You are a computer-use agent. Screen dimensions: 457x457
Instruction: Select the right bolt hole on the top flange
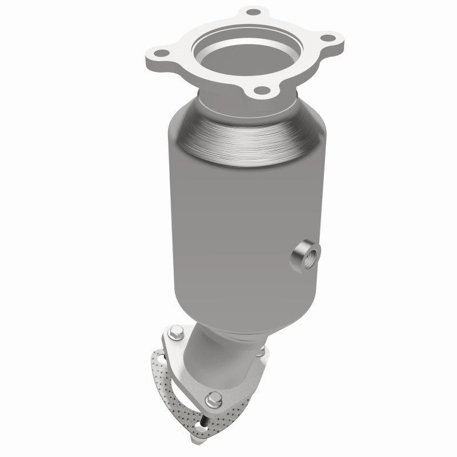pyautogui.click(x=327, y=38)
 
